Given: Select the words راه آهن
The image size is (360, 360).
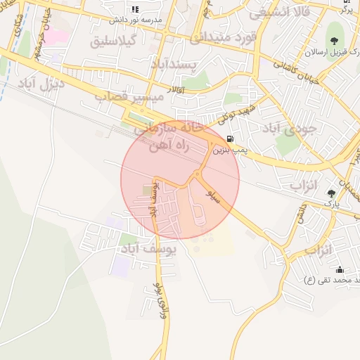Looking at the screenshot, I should pos(167,146).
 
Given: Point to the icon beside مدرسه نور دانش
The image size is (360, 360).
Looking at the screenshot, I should pos(135,9).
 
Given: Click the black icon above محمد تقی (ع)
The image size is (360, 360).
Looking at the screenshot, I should pos(340,270).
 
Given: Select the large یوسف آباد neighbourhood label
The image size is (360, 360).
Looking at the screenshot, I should pos(149,249).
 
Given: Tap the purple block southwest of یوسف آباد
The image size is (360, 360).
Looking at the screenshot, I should pos(120,266).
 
